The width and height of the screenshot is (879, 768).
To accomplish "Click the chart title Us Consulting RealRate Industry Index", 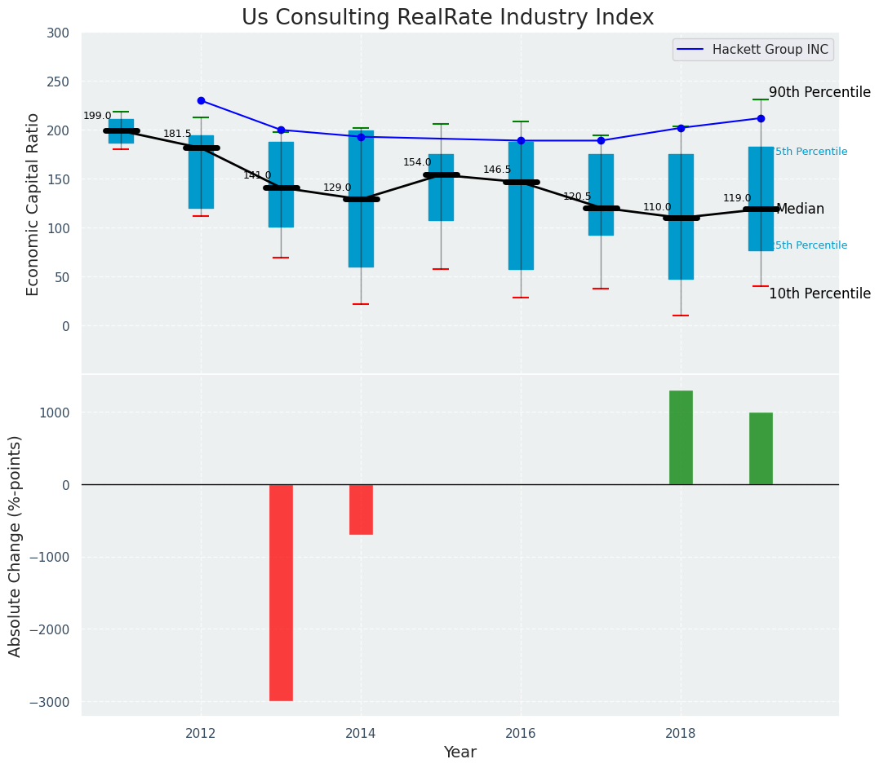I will click(447, 18).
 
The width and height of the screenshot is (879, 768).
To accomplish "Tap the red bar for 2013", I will click(281, 593).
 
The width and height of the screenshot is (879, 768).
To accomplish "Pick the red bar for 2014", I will click(361, 510).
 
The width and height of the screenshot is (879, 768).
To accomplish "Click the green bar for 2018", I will click(681, 438).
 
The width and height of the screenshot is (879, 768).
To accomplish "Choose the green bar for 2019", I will click(761, 448).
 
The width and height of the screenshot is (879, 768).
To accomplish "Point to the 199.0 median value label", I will click(97, 117).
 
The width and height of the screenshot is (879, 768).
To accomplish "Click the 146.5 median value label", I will click(497, 170).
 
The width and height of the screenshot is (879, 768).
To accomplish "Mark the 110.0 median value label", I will click(657, 208).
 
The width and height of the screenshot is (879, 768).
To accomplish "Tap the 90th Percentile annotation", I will click(819, 93).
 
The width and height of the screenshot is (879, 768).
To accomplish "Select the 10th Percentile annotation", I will click(819, 294).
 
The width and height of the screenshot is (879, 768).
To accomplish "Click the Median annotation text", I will click(800, 210).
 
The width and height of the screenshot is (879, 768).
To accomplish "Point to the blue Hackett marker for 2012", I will click(201, 101).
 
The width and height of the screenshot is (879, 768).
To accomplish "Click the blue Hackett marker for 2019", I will click(761, 118).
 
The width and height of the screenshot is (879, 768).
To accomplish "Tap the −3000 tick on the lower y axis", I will click(51, 703).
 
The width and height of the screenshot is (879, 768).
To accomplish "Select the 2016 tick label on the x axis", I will click(521, 733).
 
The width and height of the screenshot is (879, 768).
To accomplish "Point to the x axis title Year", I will click(460, 753).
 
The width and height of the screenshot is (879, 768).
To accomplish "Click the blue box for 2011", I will click(121, 131).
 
